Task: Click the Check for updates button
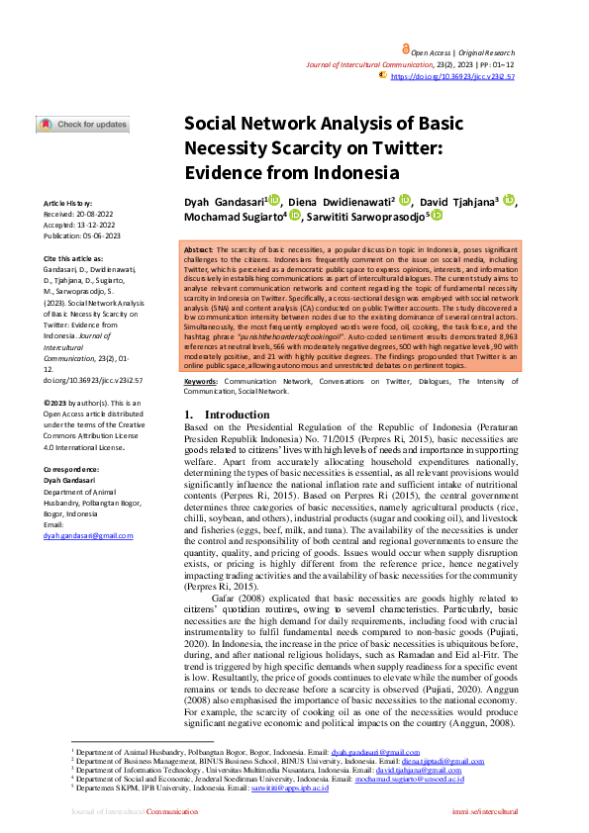(x=83, y=125)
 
